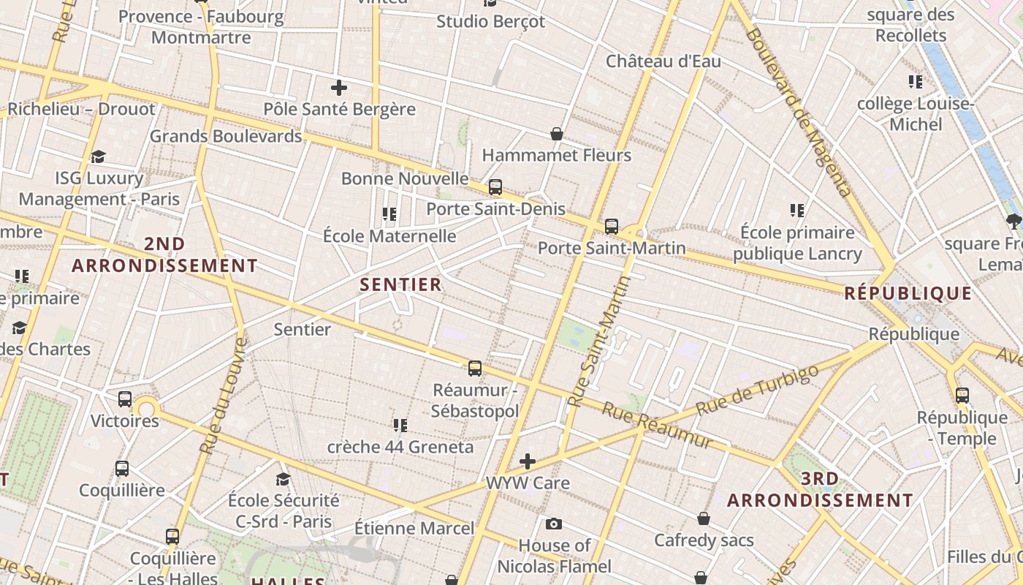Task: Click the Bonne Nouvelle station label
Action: [405, 178]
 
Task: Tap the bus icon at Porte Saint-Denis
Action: [495, 187]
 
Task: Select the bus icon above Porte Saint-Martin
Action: [612, 227]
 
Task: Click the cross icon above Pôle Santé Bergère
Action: [339, 88]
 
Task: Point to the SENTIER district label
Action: [401, 284]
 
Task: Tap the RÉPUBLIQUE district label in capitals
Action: [908, 293]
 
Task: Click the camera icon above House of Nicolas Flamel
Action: [554, 524]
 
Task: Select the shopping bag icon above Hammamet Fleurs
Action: [557, 134]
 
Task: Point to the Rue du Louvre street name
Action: [223, 396]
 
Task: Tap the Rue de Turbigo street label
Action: [757, 390]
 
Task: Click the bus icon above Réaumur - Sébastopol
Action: [475, 368]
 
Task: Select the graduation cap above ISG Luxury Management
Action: [99, 156]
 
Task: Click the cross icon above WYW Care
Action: [528, 461]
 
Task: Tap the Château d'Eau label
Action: [663, 61]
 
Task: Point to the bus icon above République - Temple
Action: [962, 396]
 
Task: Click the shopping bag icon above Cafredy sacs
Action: [704, 518]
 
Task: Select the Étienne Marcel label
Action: [414, 527]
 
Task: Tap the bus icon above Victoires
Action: [125, 399]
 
